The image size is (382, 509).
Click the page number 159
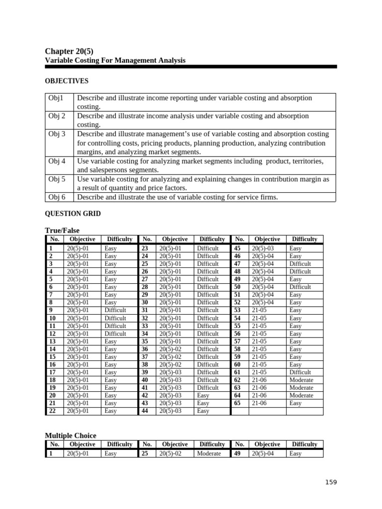pyautogui.click(x=331, y=482)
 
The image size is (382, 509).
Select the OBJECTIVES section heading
pyautogui.click(x=67, y=81)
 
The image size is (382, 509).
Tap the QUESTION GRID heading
pyautogui.click(x=73, y=214)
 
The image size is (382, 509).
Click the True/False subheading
pyautogui.click(x=62, y=230)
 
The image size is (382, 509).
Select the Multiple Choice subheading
pyautogui.click(x=71, y=435)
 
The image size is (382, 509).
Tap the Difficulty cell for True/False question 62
pyautogui.click(x=301, y=380)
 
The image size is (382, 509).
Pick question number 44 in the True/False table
pyautogui.click(x=145, y=411)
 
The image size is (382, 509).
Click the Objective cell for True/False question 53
pyautogui.click(x=259, y=310)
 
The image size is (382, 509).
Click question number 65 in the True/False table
pyautogui.click(x=237, y=403)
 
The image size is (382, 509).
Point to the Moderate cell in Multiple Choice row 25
pyautogui.click(x=209, y=454)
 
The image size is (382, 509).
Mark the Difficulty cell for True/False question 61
pyautogui.click(x=300, y=372)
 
